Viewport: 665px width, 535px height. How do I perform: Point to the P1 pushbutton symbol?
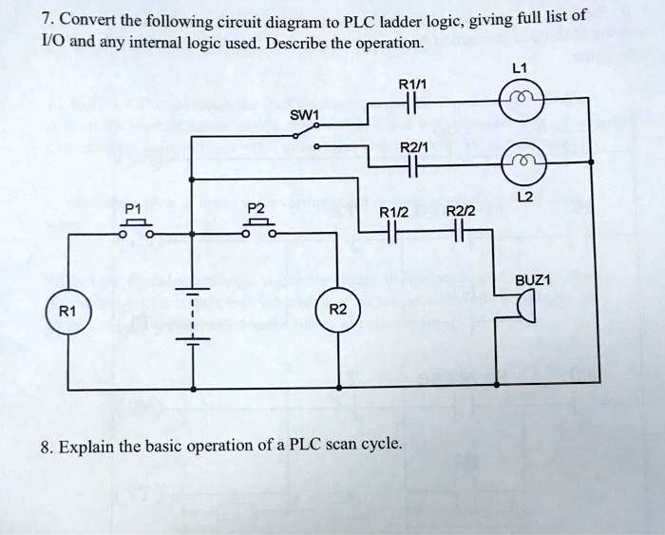tap(136, 228)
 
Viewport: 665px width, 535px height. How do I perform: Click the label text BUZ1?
tap(532, 280)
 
